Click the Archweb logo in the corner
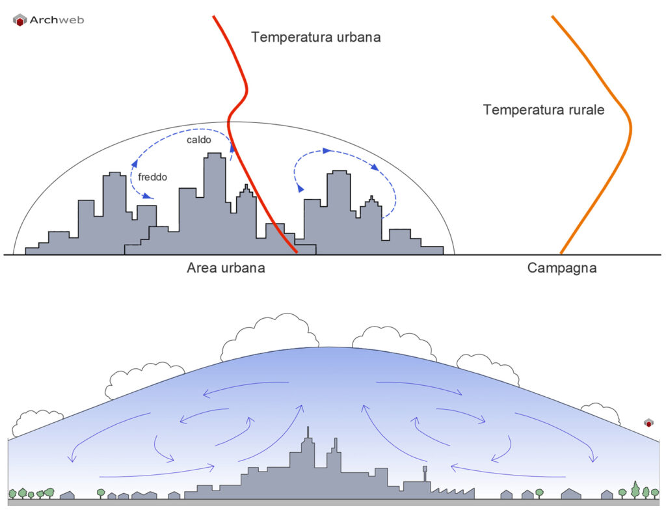coord(47,20)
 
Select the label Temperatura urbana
coord(315,37)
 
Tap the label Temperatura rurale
coord(543,110)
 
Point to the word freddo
coord(152,176)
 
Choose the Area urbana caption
coord(226,267)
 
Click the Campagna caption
coord(562,267)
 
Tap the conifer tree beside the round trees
coord(635,489)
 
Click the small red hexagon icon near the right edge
coord(648,423)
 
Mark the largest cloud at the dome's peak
coord(270,335)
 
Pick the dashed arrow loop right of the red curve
coord(345,176)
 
